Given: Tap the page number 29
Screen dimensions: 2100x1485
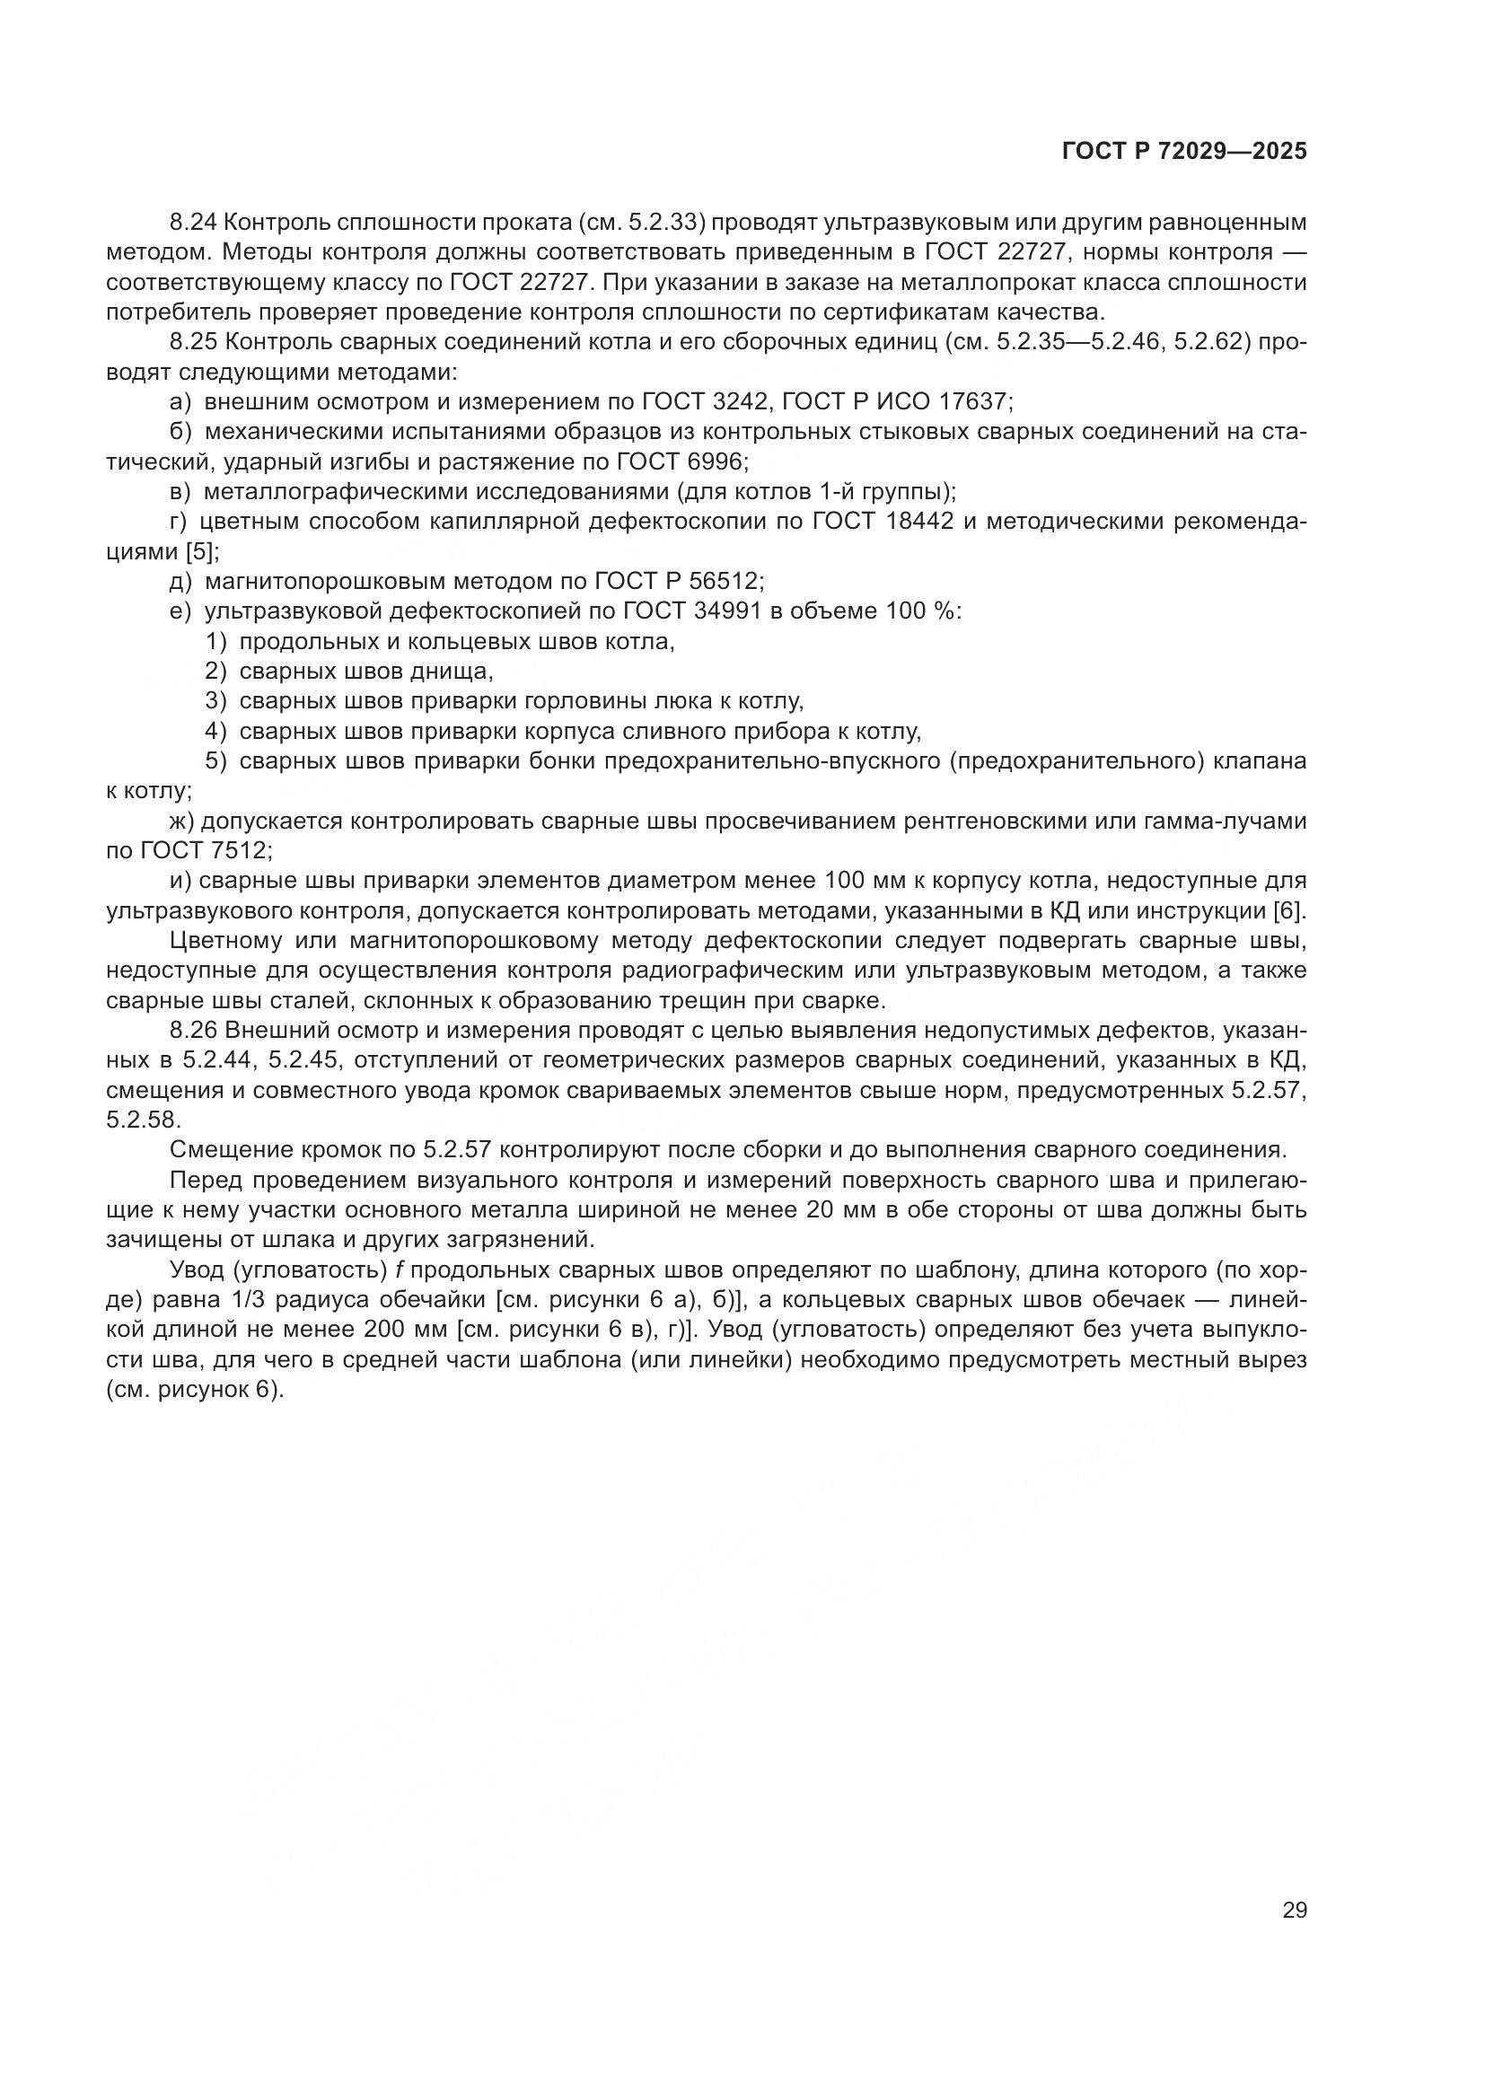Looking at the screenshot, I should click(1294, 1911).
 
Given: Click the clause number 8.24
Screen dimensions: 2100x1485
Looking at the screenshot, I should click(193, 223).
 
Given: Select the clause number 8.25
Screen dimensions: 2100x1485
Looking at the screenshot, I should click(193, 342).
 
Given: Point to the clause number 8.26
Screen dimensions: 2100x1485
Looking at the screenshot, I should click(193, 1031).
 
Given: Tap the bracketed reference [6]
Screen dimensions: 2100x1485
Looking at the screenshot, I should click(1289, 911).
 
